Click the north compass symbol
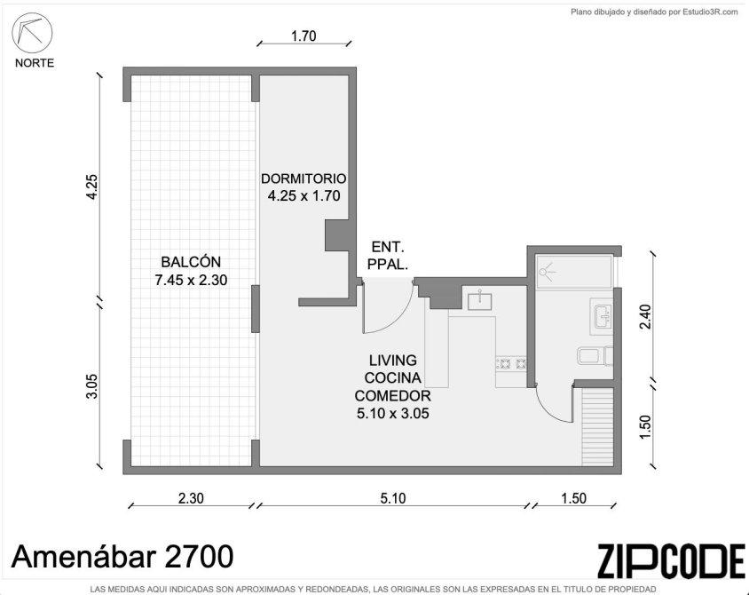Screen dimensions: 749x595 [32, 34]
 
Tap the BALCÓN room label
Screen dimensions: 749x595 [191, 262]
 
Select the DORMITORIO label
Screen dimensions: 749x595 [304, 178]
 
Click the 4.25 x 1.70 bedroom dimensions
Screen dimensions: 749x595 [304, 196]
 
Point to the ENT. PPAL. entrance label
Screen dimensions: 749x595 [389, 256]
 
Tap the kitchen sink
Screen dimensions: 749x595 [480, 300]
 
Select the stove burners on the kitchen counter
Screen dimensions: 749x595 [512, 364]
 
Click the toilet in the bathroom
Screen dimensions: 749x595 [595, 356]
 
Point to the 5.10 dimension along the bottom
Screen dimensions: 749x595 [392, 498]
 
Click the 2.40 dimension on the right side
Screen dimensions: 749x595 [645, 316]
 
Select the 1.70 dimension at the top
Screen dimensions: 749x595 [304, 36]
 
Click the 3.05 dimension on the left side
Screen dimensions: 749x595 [92, 385]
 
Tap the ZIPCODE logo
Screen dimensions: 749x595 [671, 559]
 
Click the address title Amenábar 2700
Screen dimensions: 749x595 [122, 557]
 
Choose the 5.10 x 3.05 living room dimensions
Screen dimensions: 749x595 [392, 413]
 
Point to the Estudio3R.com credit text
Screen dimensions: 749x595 [654, 12]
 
